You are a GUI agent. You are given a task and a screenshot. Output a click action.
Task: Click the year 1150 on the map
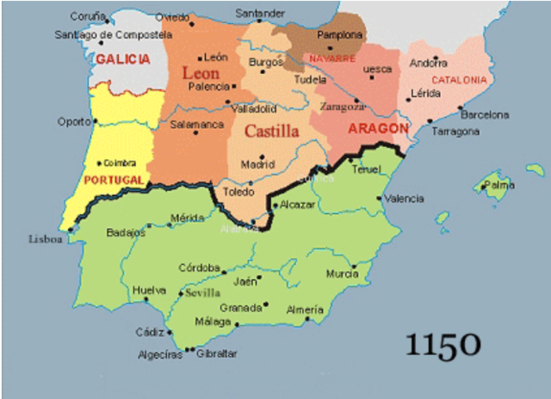coord(442,344)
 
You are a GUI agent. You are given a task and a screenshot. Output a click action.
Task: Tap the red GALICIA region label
coord(123,59)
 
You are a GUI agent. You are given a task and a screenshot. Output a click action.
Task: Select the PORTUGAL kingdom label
coord(114,179)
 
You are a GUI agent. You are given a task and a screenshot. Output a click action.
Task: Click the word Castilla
coord(272,132)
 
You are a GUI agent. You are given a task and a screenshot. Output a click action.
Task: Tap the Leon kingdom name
coord(201,74)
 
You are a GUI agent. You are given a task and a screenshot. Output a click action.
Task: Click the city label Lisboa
coord(46,239)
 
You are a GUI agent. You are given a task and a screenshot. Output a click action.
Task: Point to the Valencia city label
coord(404,199)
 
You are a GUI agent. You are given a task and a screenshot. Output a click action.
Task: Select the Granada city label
coord(240,307)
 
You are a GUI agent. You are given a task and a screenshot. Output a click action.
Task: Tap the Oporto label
coord(74,121)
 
